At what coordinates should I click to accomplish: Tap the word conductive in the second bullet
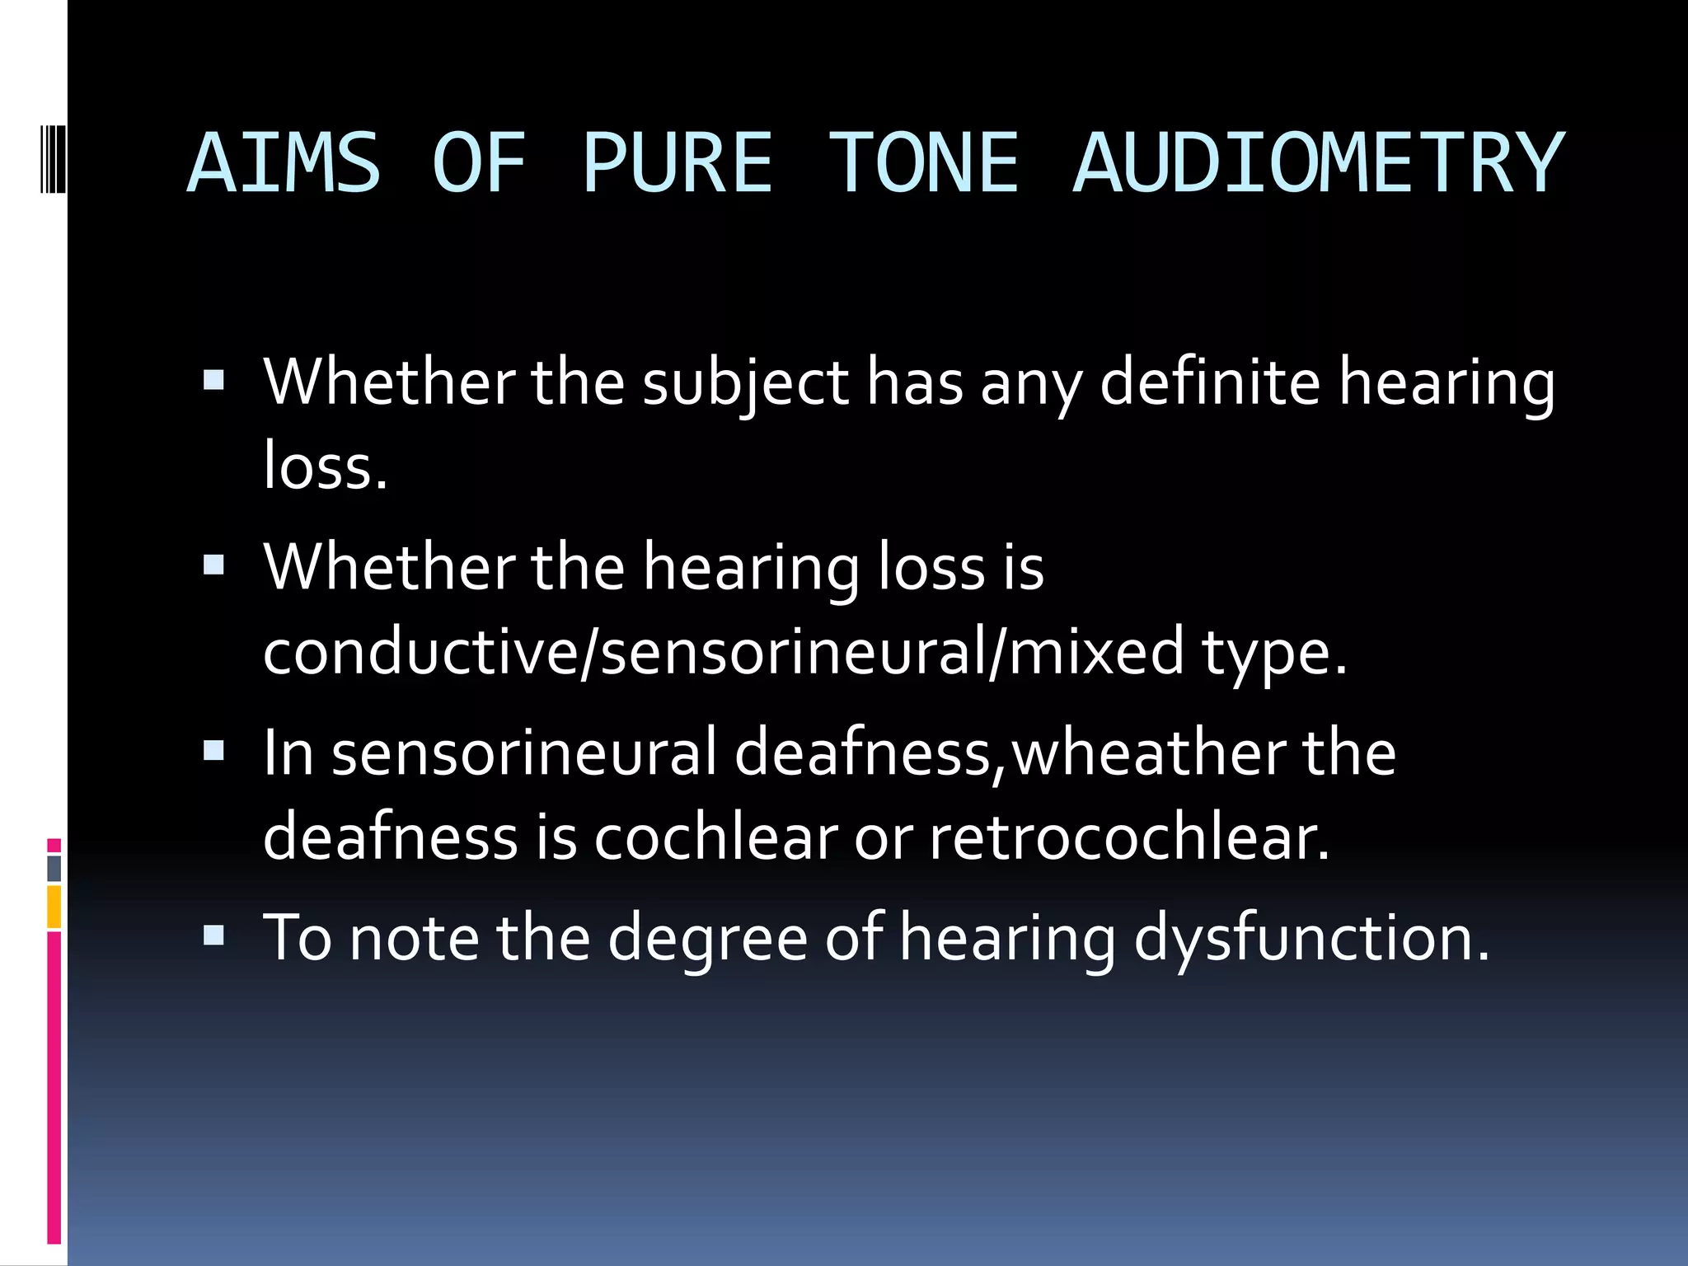pos(421,651)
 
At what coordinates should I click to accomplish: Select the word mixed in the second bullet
pos(1096,651)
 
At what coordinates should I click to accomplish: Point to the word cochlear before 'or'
pos(715,837)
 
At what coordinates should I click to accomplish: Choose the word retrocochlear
pos(1128,837)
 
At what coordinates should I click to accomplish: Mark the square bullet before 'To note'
pos(213,935)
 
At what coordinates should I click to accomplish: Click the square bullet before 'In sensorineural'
pos(213,750)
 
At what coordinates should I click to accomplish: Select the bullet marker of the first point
pos(213,379)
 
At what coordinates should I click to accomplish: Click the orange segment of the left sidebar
pos(54,907)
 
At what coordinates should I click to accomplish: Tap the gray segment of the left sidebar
pos(54,869)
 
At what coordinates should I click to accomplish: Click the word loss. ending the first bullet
pos(325,467)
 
